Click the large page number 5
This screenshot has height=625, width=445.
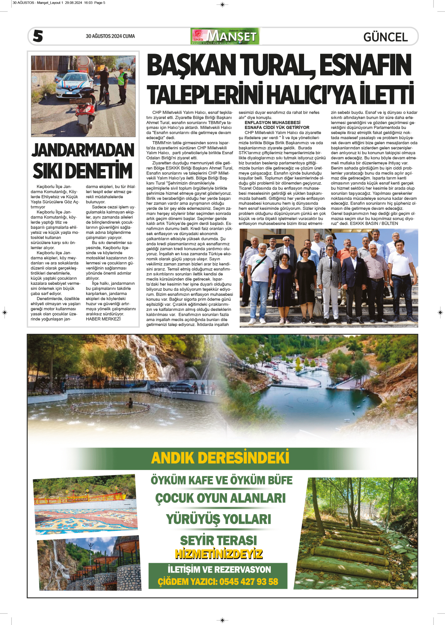click(38, 36)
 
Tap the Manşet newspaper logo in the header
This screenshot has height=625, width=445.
click(225, 36)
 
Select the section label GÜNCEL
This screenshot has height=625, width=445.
click(385, 37)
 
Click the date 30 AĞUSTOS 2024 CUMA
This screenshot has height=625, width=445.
click(110, 36)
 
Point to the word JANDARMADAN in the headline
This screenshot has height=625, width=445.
click(83, 150)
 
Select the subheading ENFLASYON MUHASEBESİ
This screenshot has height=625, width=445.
click(272, 122)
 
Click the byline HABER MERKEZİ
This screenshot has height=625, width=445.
click(103, 319)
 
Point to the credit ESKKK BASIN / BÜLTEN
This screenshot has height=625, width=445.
click(374, 223)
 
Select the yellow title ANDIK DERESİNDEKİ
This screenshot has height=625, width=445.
click(220, 458)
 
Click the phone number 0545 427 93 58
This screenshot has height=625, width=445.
click(249, 582)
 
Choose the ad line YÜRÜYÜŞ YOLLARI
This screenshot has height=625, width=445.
click(218, 519)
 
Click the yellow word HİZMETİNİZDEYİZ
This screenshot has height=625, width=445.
click(219, 554)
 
